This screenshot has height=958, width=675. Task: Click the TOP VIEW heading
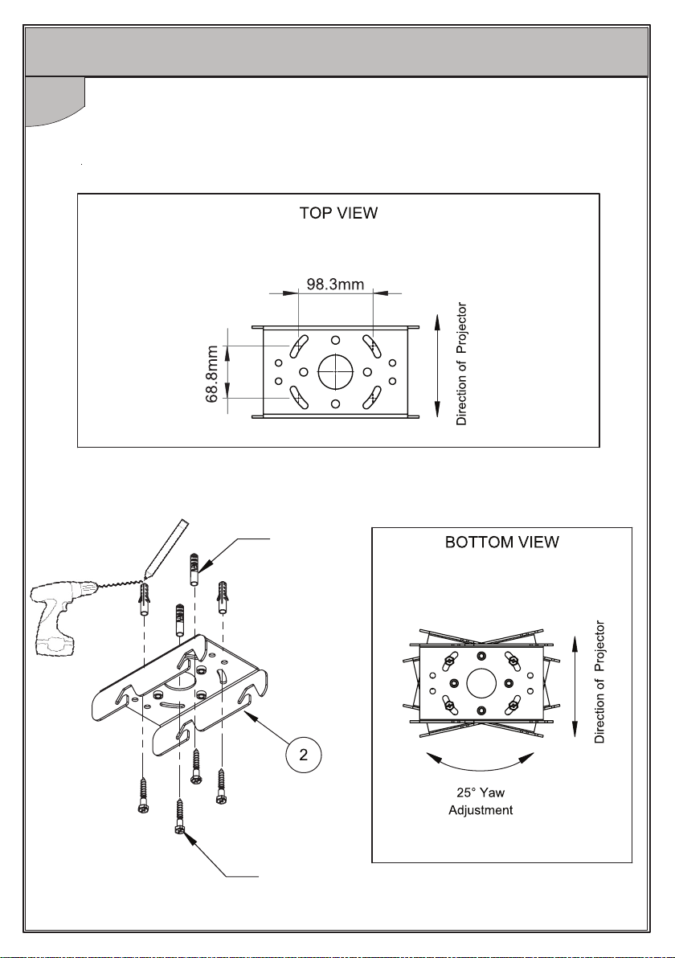[x=338, y=215]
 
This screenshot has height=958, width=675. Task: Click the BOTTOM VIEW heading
[x=501, y=542]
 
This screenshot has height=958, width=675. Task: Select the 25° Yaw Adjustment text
[x=480, y=802]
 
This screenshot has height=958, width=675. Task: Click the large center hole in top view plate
[x=336, y=371]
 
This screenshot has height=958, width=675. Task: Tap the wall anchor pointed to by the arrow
[x=194, y=570]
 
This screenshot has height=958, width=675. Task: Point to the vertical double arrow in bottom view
[x=575, y=684]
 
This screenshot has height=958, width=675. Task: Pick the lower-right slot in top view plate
[x=374, y=399]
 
